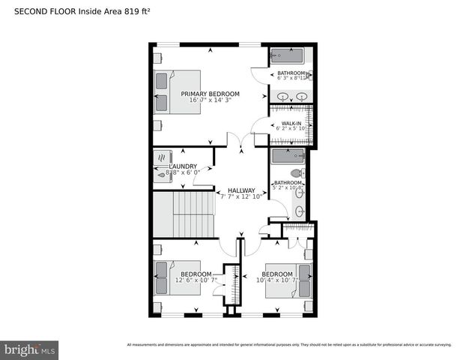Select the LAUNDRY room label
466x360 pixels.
click(184, 166)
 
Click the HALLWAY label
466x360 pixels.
click(241, 190)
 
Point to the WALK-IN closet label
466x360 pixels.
click(291, 122)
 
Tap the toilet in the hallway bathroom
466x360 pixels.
click(297, 173)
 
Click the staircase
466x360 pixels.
click(183, 214)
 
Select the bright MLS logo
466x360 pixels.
click(30, 349)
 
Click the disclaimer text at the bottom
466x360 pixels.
click(289, 345)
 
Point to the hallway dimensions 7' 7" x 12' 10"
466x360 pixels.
click(241, 197)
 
